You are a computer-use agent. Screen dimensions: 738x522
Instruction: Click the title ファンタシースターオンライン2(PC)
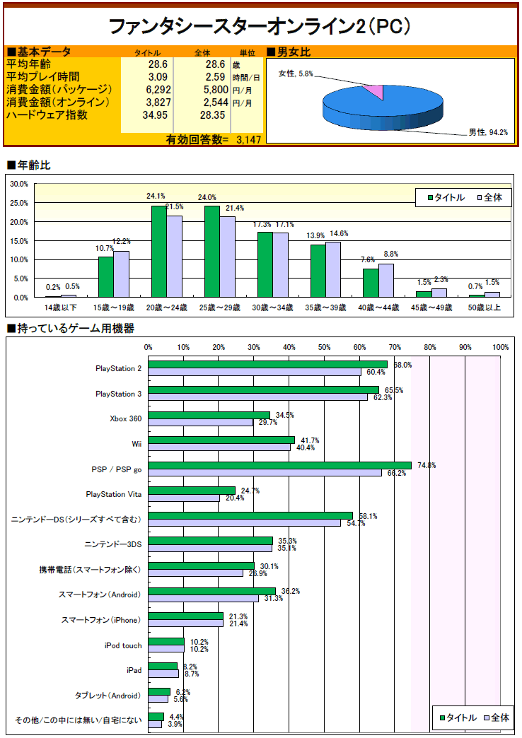point(260,26)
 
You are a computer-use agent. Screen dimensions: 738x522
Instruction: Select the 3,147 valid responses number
point(248,140)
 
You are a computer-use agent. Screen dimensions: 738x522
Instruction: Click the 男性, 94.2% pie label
point(488,132)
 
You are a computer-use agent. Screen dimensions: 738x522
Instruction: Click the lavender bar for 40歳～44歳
point(386,280)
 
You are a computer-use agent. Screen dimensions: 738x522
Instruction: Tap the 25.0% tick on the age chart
point(18,203)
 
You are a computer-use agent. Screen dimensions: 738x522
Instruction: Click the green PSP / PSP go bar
point(279,465)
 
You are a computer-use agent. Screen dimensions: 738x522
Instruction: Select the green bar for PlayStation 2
point(267,364)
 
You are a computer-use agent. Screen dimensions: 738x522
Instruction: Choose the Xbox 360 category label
point(125,418)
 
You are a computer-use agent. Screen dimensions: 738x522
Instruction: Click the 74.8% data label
point(426,465)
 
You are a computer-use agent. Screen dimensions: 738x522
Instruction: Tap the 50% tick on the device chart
point(324,347)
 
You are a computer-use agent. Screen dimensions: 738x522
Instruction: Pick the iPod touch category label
point(123,645)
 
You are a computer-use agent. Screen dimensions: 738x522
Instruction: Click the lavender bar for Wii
point(219,447)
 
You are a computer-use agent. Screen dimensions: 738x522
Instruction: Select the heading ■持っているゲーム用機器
point(70,329)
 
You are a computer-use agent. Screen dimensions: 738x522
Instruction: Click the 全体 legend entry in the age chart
point(489,197)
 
